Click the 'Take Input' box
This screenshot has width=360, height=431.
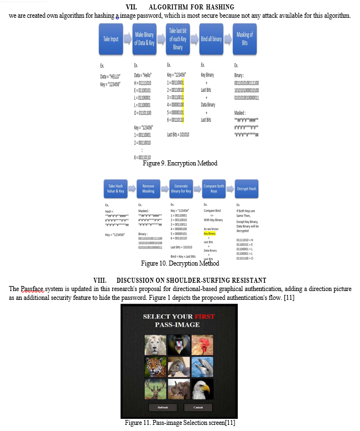[x=110, y=39]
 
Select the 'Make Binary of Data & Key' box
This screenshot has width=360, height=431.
[x=144, y=39]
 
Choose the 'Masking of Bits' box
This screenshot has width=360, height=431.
[x=244, y=39]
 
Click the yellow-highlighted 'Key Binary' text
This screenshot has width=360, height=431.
[x=209, y=233]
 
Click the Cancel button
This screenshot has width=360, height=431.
[x=198, y=407]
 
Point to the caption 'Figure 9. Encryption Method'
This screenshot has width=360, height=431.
[x=180, y=163]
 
